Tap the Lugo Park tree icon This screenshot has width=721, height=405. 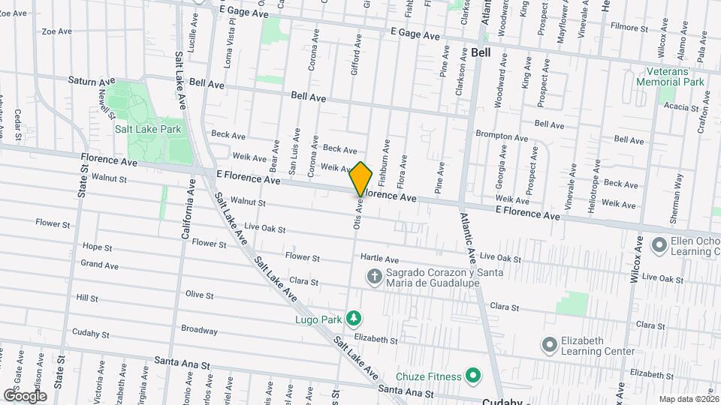(353, 319)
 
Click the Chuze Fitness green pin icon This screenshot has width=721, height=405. (473, 373)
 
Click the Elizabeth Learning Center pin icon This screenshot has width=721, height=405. (550, 345)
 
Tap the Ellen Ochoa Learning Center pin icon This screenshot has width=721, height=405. (660, 245)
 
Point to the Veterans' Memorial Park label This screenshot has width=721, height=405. (669, 76)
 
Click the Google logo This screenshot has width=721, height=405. (25, 395)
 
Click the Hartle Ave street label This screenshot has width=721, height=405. (378, 256)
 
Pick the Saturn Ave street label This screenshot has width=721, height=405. (92, 80)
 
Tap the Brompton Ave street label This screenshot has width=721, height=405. (502, 136)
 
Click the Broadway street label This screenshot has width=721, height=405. (199, 330)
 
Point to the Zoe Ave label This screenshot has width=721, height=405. (57, 31)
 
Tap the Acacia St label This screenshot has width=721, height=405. (681, 107)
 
